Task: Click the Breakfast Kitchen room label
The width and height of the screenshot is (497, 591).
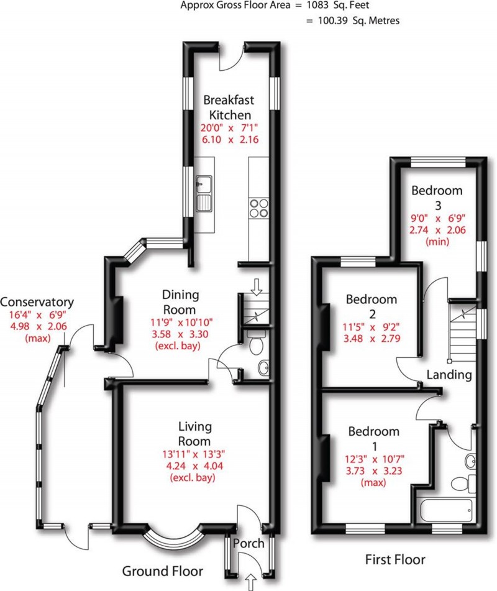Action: pyautogui.click(x=229, y=107)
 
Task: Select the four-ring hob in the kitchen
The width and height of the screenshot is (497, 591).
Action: pyautogui.click(x=258, y=208)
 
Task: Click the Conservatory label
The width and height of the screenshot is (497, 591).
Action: pyautogui.click(x=37, y=303)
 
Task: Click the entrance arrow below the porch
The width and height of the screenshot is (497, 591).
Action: pyautogui.click(x=252, y=582)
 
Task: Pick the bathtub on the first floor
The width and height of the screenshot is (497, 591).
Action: pyautogui.click(x=445, y=511)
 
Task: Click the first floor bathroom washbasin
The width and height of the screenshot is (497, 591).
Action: pyautogui.click(x=470, y=460)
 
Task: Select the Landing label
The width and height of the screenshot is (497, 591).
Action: pyautogui.click(x=449, y=375)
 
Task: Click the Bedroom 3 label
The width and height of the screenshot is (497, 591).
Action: pyautogui.click(x=437, y=197)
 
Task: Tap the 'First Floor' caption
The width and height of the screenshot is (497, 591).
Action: pyautogui.click(x=394, y=559)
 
